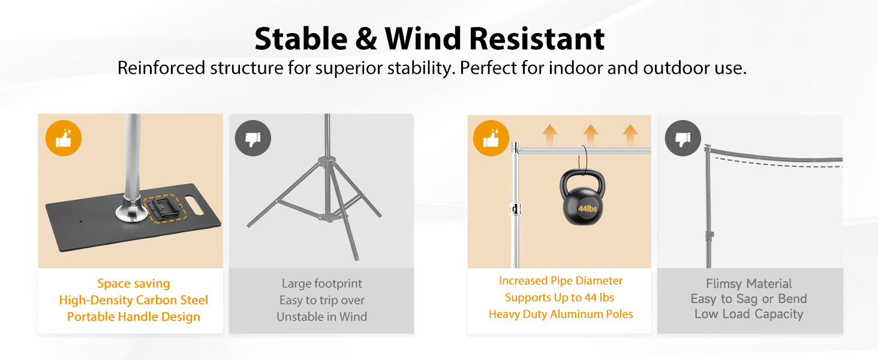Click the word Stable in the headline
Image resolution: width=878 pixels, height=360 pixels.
point(300,39)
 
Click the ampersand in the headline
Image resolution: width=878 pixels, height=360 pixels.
point(366,39)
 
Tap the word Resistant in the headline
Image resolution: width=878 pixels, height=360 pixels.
point(537,39)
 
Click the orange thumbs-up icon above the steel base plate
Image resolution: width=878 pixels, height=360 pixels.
point(64,138)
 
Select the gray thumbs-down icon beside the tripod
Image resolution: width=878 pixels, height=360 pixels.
point(253,138)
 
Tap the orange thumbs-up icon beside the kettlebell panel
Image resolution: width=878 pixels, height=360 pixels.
point(491,138)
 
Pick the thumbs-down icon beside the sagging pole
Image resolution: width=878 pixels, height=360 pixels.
point(683,138)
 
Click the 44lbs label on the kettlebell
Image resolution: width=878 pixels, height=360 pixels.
point(587,209)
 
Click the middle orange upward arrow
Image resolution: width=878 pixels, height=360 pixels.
point(590,135)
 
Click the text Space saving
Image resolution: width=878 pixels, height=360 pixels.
point(134,284)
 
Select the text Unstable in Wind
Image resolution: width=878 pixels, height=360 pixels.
point(322,316)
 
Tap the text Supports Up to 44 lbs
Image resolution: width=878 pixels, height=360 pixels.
point(560,297)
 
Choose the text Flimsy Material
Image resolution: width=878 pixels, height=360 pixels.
point(748,284)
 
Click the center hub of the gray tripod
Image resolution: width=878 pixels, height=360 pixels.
point(326,161)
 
